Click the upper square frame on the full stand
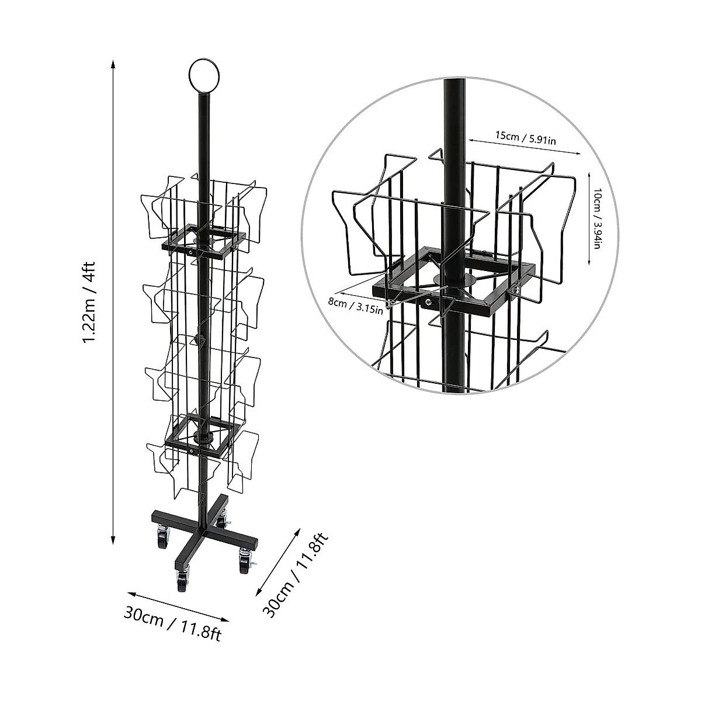coord(203,241)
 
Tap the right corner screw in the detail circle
coord(516,288)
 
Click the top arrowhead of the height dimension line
coord(113,64)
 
